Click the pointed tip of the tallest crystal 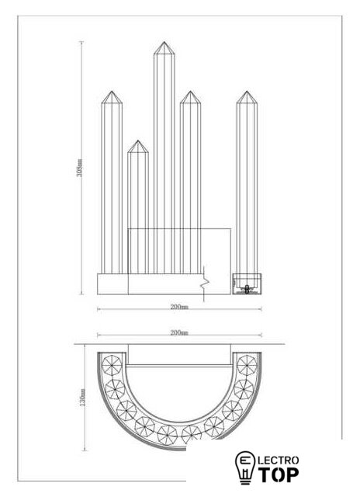(x=164, y=42)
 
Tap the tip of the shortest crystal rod (x=138, y=141)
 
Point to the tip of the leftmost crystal (x=112, y=92)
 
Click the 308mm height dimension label (x=80, y=168)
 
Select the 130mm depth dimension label (x=83, y=398)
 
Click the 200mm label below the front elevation (x=179, y=307)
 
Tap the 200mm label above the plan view (x=179, y=332)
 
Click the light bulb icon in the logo (x=244, y=467)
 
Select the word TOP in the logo (x=279, y=474)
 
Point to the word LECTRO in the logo (x=279, y=460)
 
